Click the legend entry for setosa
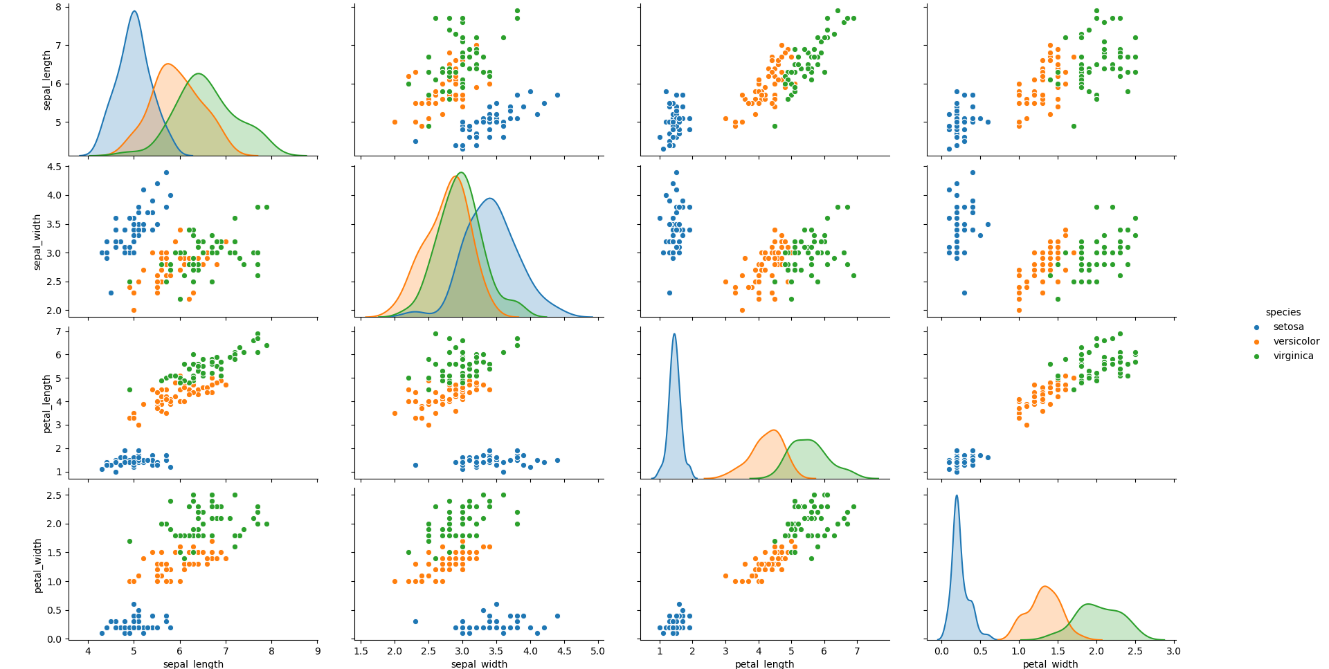click(1288, 327)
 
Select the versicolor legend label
click(1296, 342)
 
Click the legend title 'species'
click(1283, 313)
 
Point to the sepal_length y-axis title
click(47, 80)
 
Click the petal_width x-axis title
click(1050, 664)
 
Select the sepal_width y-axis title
click(37, 241)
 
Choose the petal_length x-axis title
click(764, 664)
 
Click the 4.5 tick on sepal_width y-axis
click(54, 167)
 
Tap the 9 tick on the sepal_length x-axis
click(318, 652)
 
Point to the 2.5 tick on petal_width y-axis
click(54, 495)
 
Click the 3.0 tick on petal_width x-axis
click(1173, 652)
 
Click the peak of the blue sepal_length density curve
click(134, 11)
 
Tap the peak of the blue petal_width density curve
click(957, 495)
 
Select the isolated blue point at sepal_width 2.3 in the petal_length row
click(415, 465)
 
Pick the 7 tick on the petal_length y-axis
click(58, 331)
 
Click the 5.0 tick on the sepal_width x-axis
click(598, 652)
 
